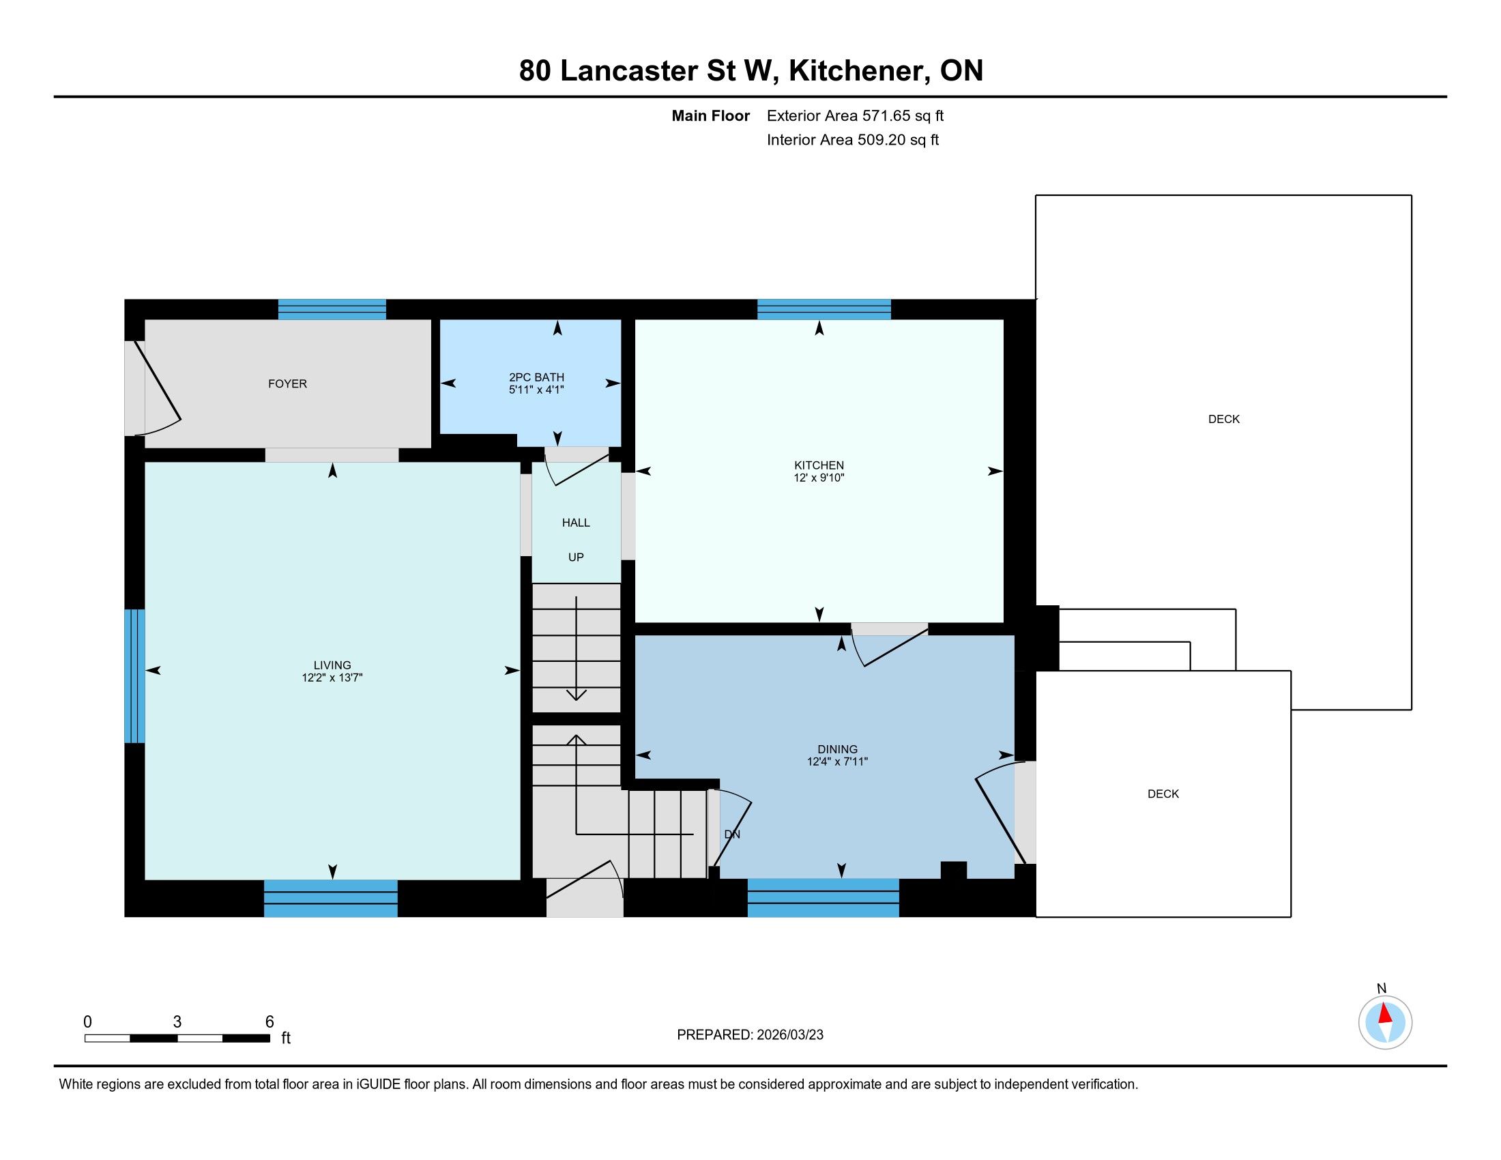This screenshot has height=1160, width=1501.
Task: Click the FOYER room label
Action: (x=287, y=383)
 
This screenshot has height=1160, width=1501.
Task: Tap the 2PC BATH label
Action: (x=536, y=377)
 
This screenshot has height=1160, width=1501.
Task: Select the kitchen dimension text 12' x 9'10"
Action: (x=819, y=478)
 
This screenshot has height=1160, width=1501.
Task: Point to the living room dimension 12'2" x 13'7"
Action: (x=332, y=678)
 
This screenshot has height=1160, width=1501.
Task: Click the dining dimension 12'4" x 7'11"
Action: (x=837, y=762)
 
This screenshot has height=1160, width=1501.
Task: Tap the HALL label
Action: (x=576, y=523)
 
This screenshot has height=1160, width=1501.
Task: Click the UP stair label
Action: (x=576, y=557)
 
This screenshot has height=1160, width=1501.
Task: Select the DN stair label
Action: (x=733, y=835)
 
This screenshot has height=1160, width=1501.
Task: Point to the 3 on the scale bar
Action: (x=177, y=1022)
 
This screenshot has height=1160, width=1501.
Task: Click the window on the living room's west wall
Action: (x=134, y=676)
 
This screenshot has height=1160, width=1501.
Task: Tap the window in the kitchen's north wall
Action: (x=824, y=309)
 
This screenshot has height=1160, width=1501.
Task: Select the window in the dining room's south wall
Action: (x=824, y=897)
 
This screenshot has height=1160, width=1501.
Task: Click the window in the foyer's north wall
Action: (x=332, y=309)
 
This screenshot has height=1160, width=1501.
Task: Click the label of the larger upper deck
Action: (x=1224, y=419)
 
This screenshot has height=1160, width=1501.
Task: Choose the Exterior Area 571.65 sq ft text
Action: (x=855, y=116)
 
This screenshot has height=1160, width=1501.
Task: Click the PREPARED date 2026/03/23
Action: (x=789, y=1035)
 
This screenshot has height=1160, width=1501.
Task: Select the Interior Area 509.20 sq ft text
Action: (x=853, y=140)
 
